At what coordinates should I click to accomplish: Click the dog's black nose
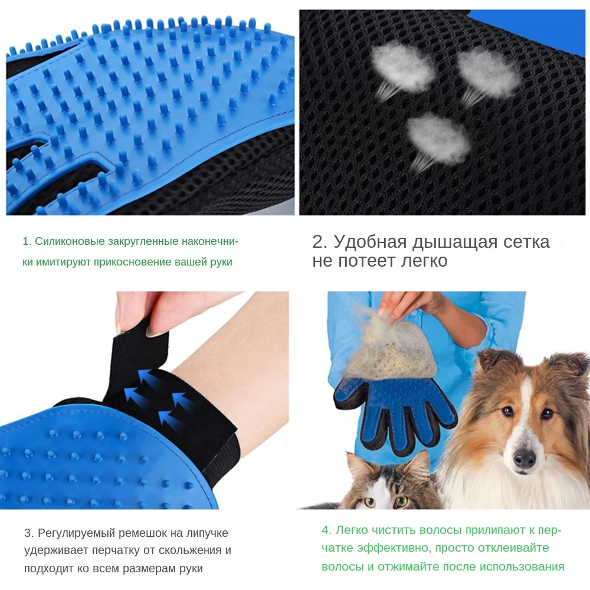pos(524,457)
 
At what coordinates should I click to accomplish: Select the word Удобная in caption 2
pos(370,242)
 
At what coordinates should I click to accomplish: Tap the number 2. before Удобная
pos(319,242)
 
